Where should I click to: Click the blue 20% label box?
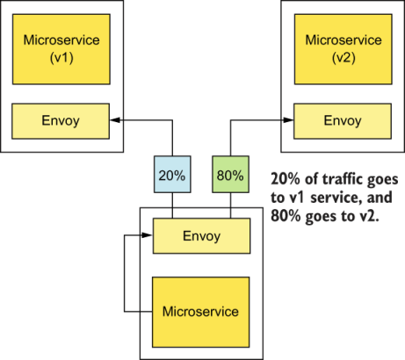pos(171,175)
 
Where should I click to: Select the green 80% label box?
pos(230,175)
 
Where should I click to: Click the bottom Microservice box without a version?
pos(201,312)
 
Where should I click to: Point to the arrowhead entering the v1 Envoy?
pos(115,119)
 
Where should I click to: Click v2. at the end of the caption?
pos(367,216)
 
